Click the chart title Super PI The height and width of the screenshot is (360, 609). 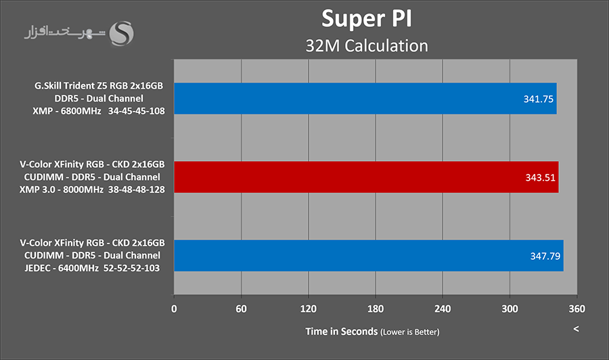[x=367, y=18]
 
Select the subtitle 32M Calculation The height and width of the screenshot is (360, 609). [x=367, y=45]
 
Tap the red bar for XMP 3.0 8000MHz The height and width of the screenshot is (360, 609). [x=366, y=177]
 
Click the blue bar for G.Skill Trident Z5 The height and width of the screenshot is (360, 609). [x=365, y=98]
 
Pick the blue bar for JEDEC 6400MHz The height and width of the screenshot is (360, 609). [x=369, y=256]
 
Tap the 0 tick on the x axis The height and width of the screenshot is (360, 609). [x=175, y=308]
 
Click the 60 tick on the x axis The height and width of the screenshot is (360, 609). [x=242, y=308]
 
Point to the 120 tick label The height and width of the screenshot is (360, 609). [x=309, y=308]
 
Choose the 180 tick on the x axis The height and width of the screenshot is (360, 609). [x=376, y=308]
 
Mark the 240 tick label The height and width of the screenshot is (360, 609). [x=443, y=308]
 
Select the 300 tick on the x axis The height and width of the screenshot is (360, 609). [x=510, y=308]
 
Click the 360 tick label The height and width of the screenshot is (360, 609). [x=577, y=308]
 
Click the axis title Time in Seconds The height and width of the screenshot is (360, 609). [x=342, y=331]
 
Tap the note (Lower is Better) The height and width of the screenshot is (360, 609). [x=410, y=332]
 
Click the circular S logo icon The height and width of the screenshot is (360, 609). [x=123, y=33]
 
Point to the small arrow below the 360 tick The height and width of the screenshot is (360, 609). [x=577, y=329]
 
